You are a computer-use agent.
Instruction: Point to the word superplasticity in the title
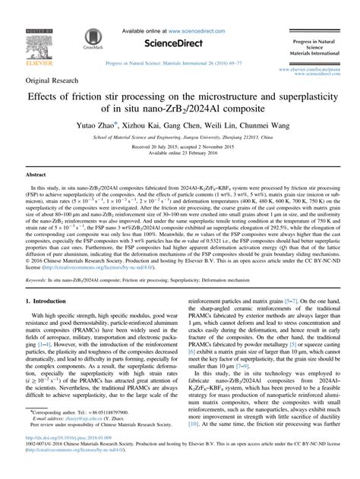pos(293,98)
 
